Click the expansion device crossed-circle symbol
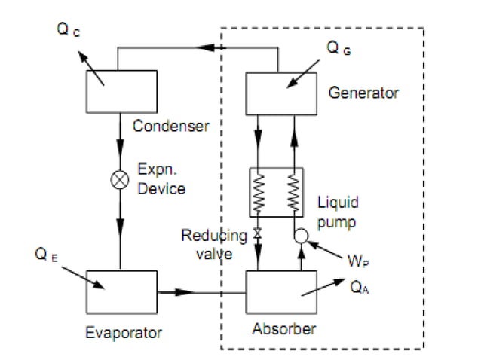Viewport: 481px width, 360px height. click(x=120, y=179)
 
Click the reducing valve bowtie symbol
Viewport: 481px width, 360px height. click(x=258, y=233)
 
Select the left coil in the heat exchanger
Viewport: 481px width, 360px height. click(x=259, y=193)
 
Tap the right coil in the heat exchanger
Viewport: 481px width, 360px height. click(x=293, y=193)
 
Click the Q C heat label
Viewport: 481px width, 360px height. click(x=68, y=29)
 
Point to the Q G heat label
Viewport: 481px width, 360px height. click(x=339, y=48)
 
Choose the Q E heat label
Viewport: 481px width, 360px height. click(x=46, y=255)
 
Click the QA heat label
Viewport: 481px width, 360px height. click(x=359, y=288)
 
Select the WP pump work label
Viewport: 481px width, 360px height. click(x=358, y=261)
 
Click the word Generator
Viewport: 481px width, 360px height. click(x=363, y=93)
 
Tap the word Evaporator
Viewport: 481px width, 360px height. click(x=124, y=333)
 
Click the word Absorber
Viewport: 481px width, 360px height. click(x=284, y=329)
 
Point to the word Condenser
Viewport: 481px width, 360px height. click(x=171, y=126)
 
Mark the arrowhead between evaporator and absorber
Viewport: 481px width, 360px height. click(x=184, y=292)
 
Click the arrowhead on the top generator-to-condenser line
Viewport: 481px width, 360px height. click(x=205, y=47)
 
